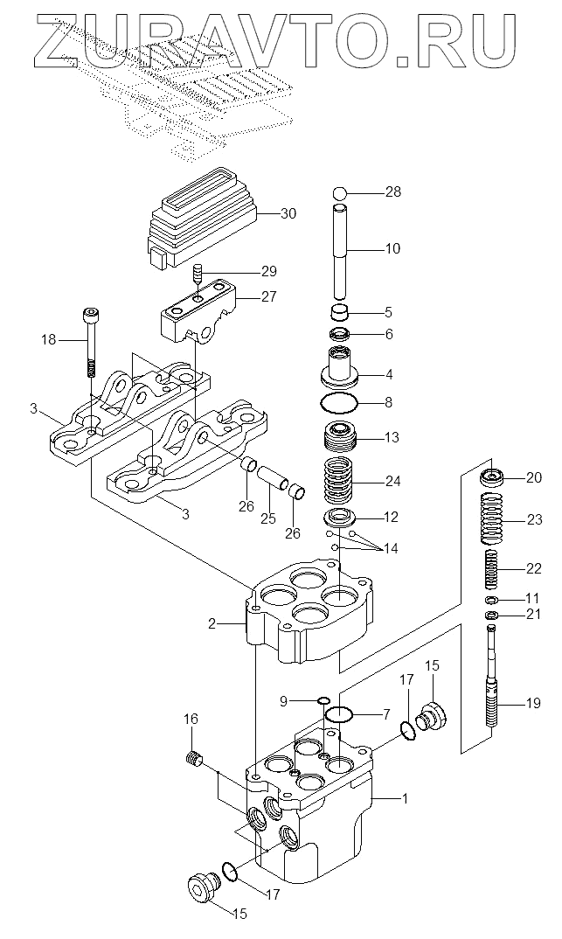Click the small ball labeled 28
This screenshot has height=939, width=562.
click(339, 193)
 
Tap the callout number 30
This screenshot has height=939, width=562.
click(288, 214)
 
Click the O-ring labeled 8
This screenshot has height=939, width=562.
click(339, 402)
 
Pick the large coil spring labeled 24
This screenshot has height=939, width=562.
click(339, 480)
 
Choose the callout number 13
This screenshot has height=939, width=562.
click(392, 438)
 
